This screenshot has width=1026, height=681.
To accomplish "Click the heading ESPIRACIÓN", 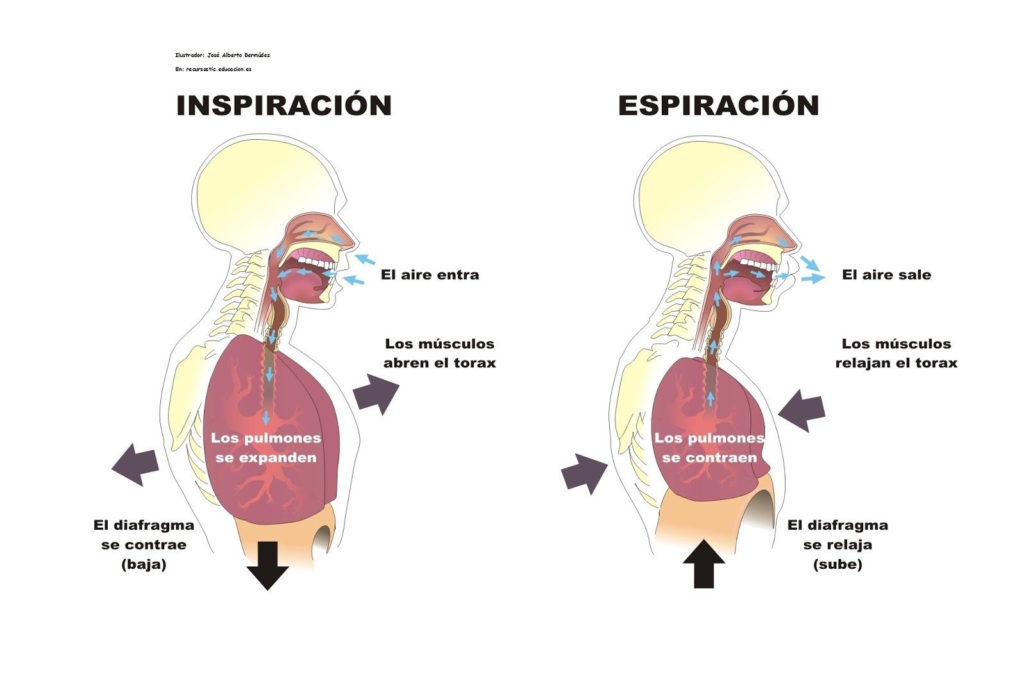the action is coord(719,105).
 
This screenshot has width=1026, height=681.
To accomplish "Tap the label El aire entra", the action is coord(430,275).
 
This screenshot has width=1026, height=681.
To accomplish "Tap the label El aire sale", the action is coord(887,275).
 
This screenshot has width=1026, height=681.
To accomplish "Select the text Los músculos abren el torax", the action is coord(440,353).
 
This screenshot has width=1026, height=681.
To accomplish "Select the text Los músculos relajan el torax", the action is coord(896,353).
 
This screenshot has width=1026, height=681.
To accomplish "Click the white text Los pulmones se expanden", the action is coord(266,448).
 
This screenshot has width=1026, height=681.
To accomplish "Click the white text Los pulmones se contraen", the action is coord(709,448).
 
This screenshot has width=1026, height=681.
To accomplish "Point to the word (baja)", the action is coord(144,564).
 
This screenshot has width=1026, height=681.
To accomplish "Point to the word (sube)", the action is coord(837,564).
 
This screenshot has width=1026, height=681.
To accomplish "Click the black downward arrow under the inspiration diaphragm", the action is coord(267,566).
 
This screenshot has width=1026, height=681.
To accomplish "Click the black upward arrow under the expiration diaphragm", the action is coord(704,563).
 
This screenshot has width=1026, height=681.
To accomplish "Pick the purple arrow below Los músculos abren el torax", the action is coord(376,393).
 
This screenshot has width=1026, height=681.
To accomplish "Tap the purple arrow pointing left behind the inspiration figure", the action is coord(135,464).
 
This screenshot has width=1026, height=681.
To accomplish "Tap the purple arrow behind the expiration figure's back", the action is coord(584,474).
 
